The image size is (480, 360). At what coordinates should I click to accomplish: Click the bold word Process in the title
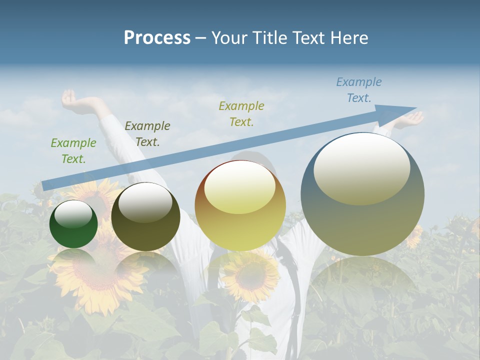157,38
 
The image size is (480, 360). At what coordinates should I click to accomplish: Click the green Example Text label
73,151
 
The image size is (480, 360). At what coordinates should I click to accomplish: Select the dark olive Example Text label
147,134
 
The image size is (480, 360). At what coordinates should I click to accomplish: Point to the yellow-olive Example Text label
241,113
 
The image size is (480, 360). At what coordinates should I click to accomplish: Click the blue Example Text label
359,90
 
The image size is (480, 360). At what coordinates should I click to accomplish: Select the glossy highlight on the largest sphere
361,168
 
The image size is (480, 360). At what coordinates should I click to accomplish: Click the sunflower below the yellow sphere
250,275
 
